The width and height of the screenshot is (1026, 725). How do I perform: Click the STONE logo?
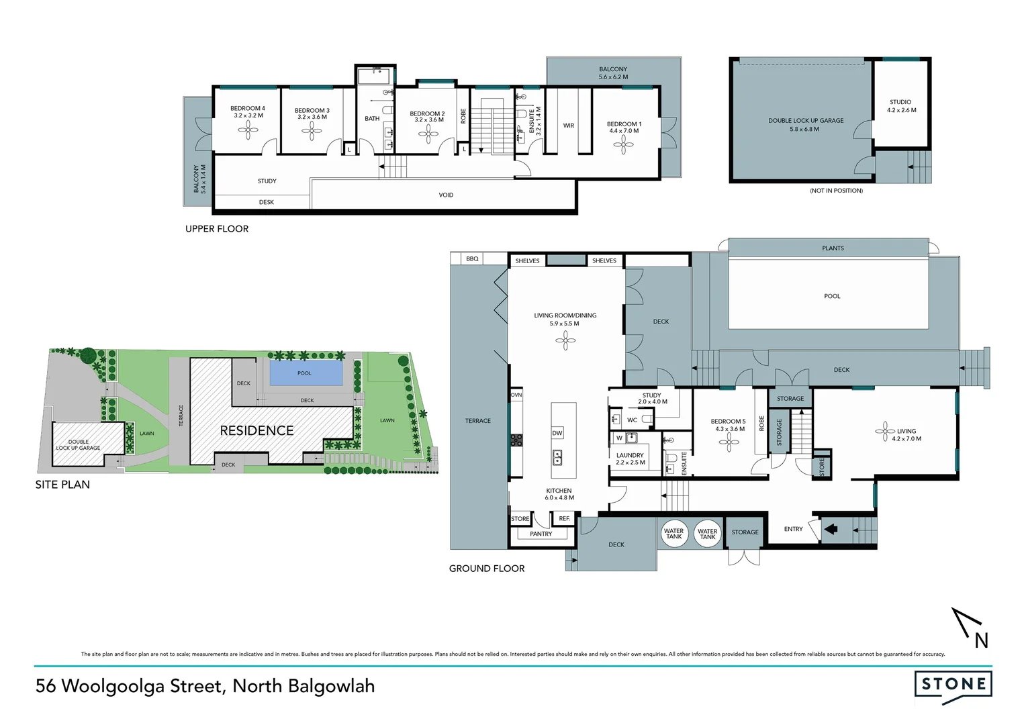click(x=953, y=685)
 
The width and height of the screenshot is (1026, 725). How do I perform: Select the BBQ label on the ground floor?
click(x=472, y=258)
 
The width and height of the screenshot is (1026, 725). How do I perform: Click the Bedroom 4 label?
click(x=248, y=108)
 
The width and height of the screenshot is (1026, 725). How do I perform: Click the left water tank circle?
click(x=673, y=534)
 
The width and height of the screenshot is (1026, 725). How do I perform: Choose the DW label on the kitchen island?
click(x=557, y=433)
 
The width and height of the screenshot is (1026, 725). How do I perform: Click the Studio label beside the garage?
click(x=900, y=102)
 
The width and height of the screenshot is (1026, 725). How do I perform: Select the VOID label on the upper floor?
click(x=446, y=195)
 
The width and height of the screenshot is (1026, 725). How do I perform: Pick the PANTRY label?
click(x=541, y=534)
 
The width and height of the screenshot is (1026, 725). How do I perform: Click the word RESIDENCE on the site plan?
click(x=256, y=431)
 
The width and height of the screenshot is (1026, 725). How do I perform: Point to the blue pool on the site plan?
click(x=304, y=373)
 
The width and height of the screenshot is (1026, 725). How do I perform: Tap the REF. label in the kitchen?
click(x=564, y=519)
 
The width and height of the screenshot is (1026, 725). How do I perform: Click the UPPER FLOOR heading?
click(x=217, y=229)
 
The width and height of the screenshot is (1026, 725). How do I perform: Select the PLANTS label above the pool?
click(x=833, y=248)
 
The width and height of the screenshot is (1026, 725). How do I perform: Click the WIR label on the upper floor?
click(x=569, y=126)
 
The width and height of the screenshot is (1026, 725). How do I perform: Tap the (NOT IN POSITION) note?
click(x=836, y=191)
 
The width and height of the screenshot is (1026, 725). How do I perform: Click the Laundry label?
click(x=630, y=455)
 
